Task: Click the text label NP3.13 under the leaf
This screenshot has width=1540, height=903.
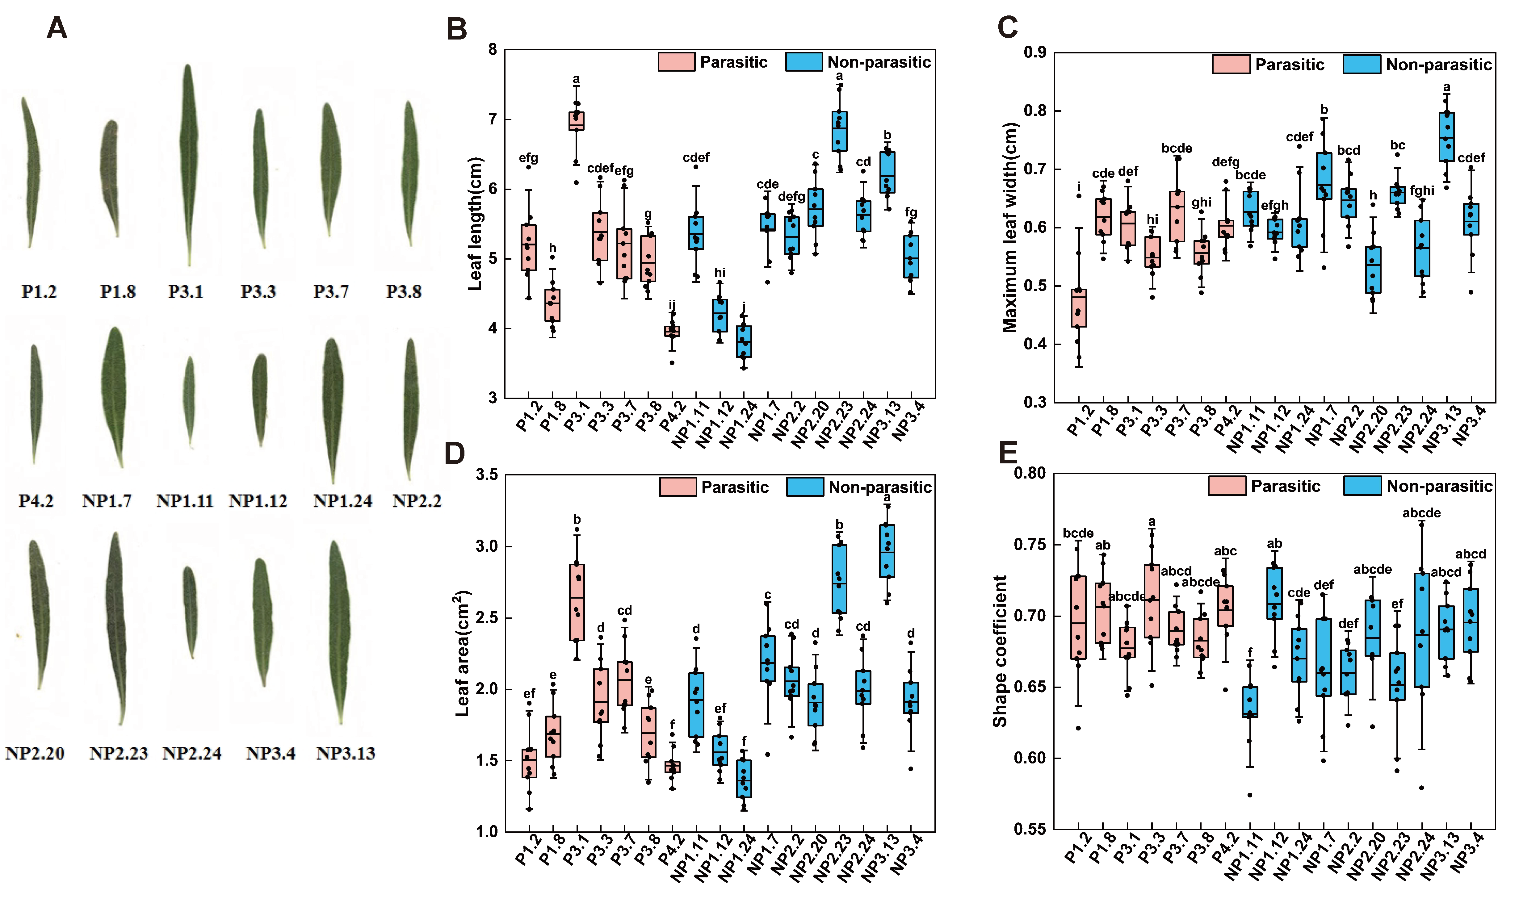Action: (x=345, y=753)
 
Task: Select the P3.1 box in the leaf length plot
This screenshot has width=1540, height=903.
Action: (x=576, y=121)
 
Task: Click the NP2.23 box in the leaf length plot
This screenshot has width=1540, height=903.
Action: (x=840, y=131)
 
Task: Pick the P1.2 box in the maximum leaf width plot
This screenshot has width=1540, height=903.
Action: (x=1079, y=308)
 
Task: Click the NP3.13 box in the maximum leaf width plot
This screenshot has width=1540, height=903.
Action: (x=1446, y=137)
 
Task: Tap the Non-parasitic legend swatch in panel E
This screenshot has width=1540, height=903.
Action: (x=1362, y=486)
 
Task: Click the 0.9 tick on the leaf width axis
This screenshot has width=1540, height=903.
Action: (x=1034, y=52)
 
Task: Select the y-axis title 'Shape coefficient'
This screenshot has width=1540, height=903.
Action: (x=1000, y=651)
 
